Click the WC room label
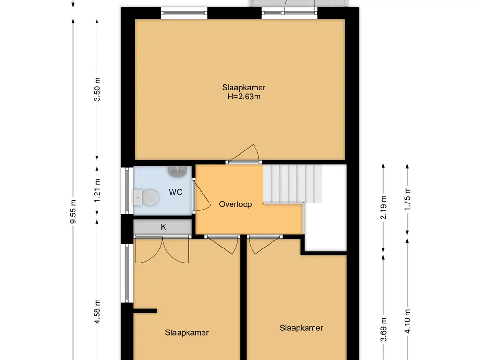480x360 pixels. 175,192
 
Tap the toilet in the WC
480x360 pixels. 146,197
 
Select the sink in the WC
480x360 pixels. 178,172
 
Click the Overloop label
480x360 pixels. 235,204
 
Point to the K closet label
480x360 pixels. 164,227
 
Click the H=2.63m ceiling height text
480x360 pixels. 244,97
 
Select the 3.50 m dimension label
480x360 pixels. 97,90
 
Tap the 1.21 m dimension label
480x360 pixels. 97,190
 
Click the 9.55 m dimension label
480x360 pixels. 73,211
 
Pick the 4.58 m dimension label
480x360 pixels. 97,312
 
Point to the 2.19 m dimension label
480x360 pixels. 383,208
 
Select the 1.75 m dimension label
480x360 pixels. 407,199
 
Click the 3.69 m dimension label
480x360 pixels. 383,330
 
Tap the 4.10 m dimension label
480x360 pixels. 407,322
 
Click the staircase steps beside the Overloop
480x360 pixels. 292,184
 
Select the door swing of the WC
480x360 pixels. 203,196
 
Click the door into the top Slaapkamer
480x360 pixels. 244,153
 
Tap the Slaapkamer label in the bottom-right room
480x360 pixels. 301,328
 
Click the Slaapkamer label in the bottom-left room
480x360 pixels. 187,333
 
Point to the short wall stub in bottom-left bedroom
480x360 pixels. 145,311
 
